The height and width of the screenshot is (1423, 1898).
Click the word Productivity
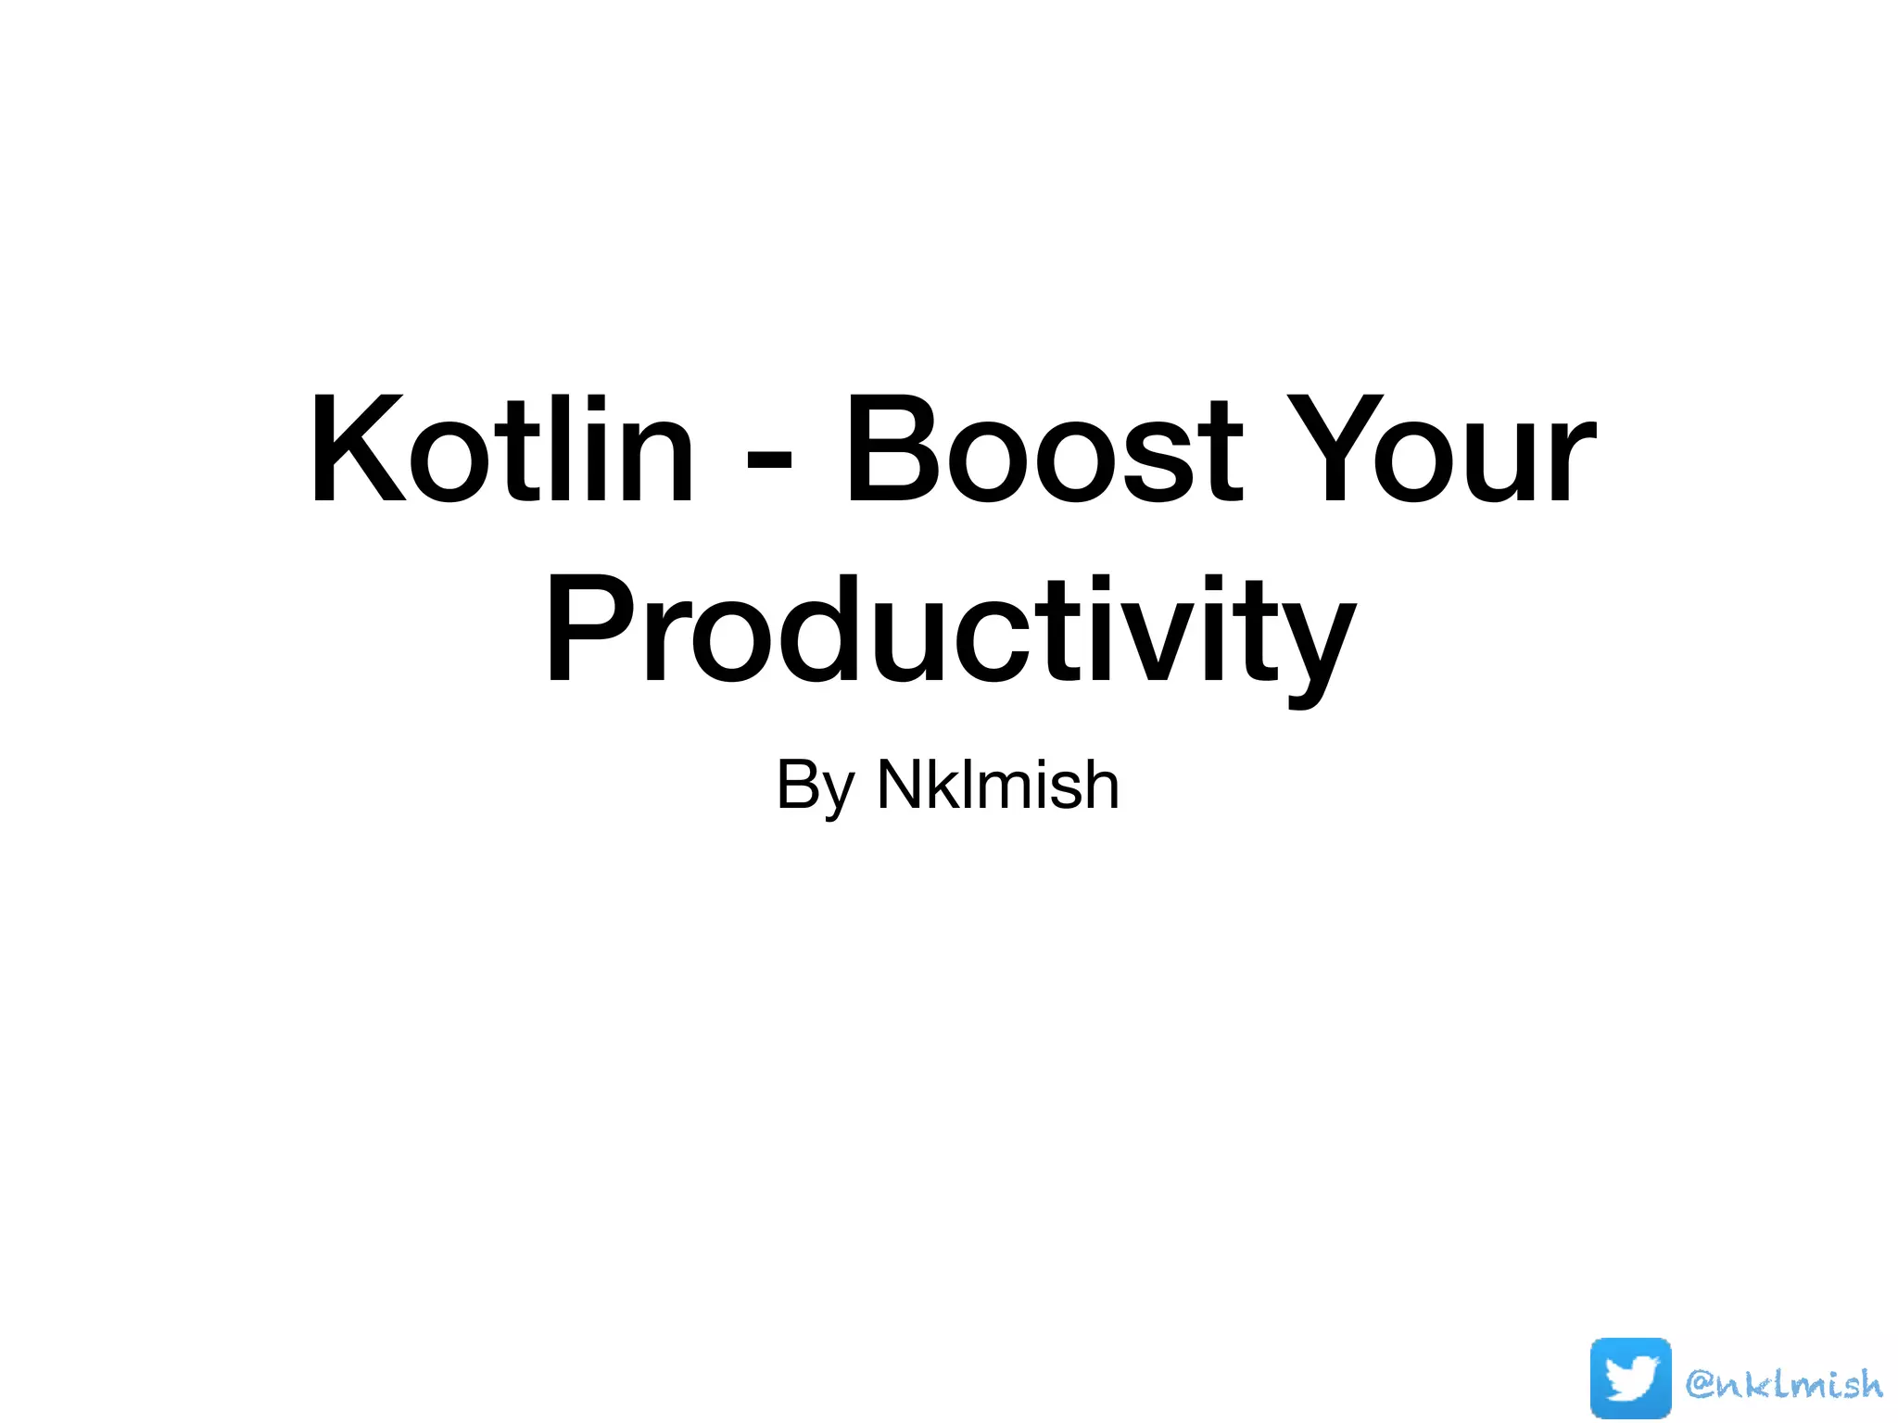click(950, 630)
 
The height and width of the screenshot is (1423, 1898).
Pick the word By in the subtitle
click(815, 786)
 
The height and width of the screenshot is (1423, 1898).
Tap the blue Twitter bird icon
click(1630, 1379)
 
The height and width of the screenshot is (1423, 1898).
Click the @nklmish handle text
click(1784, 1383)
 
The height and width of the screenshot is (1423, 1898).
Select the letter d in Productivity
click(826, 630)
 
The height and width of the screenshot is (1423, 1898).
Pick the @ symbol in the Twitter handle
click(1703, 1383)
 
